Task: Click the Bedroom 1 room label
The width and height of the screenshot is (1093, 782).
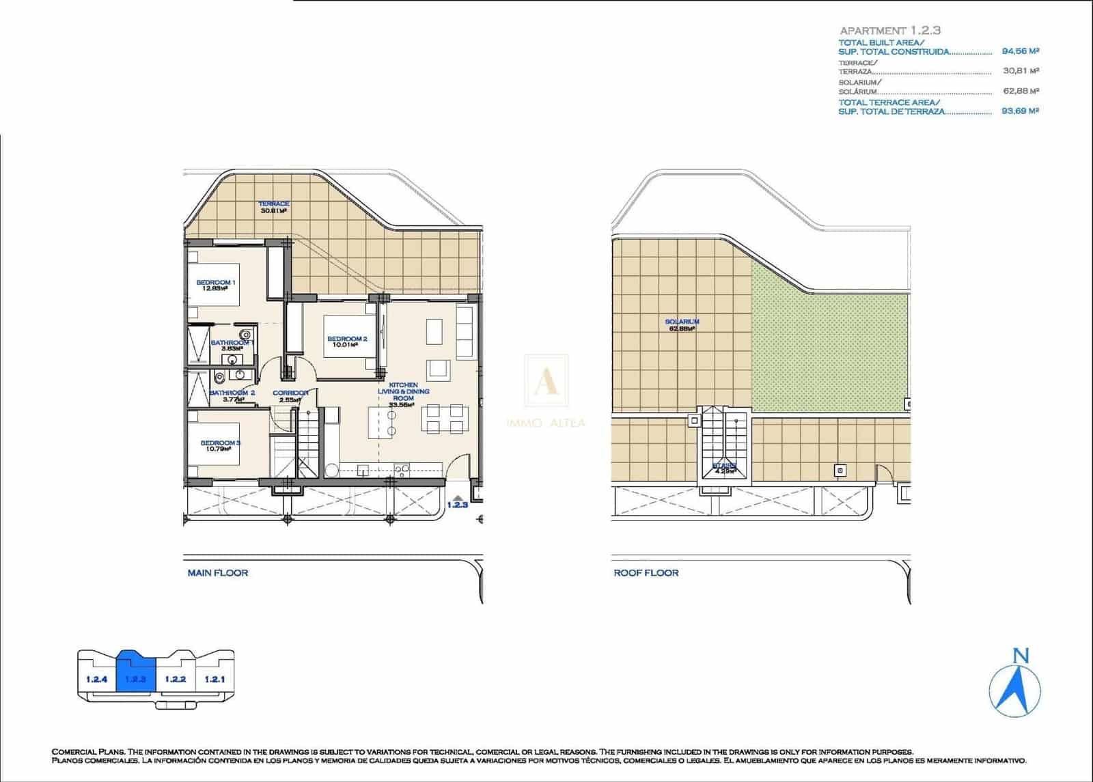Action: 216,285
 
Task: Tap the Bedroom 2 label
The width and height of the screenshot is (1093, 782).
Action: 347,341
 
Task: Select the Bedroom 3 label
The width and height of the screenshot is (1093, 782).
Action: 220,446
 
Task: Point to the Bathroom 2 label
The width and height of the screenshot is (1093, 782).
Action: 232,396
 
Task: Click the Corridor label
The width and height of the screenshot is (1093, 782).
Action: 290,396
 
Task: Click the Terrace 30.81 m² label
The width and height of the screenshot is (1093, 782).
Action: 273,207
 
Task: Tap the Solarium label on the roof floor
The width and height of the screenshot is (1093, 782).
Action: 682,324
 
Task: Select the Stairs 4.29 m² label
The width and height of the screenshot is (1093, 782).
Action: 724,469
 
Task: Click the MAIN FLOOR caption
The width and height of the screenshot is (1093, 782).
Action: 217,573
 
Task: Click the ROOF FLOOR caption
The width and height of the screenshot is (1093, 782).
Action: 646,573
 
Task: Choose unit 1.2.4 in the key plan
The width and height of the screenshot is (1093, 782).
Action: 97,679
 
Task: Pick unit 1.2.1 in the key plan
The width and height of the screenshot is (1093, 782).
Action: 215,679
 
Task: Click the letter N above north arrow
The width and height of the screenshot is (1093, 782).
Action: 1021,656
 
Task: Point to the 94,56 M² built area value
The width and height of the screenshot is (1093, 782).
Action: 1020,51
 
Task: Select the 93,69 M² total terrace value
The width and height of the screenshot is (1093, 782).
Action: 1020,111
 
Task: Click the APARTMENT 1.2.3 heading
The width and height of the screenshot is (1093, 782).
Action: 890,31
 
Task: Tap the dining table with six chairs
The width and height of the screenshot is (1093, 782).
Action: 444,419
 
